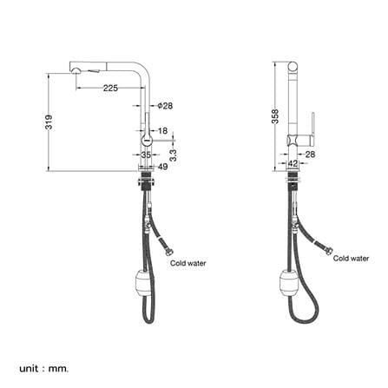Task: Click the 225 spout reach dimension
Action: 110,88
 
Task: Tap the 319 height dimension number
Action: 49,122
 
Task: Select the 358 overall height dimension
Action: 275,116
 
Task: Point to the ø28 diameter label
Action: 165,106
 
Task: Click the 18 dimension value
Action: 162,131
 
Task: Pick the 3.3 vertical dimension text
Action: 173,155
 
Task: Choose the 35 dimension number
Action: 146,155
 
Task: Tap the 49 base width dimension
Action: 163,167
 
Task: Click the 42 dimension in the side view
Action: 293,163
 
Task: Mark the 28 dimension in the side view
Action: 310,155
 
